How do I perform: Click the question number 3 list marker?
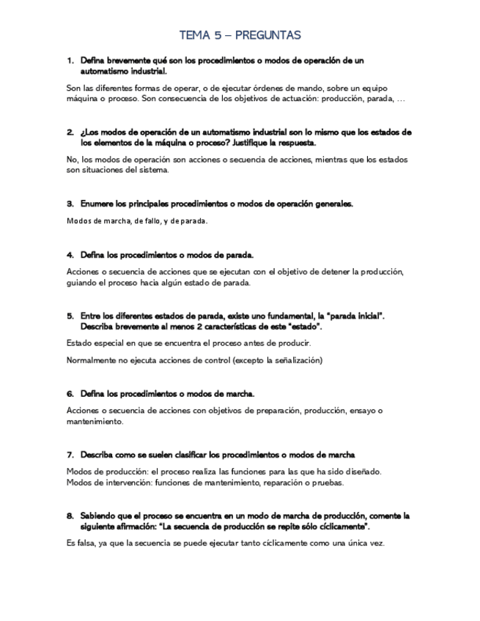70,204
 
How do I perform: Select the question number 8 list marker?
70,516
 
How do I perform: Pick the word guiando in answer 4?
82,283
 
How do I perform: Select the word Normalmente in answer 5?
92,360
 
